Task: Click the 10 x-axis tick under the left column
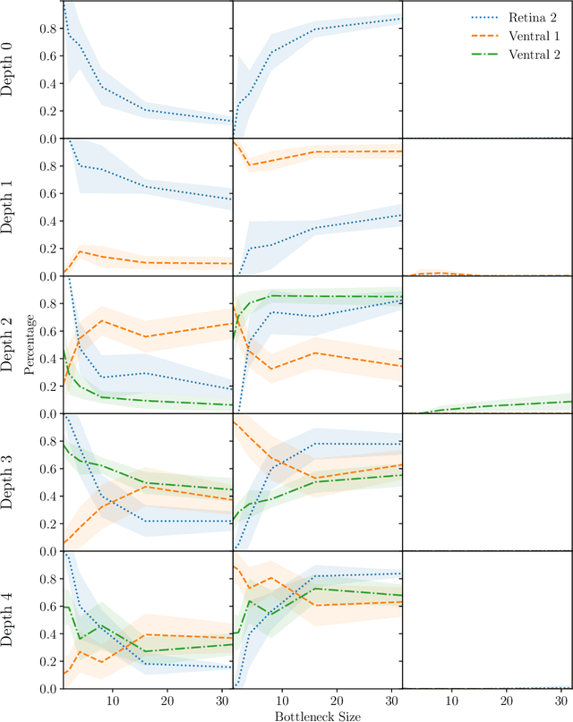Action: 111,700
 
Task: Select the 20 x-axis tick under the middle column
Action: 337,700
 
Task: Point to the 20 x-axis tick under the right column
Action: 507,700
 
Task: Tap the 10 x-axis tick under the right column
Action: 452,700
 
